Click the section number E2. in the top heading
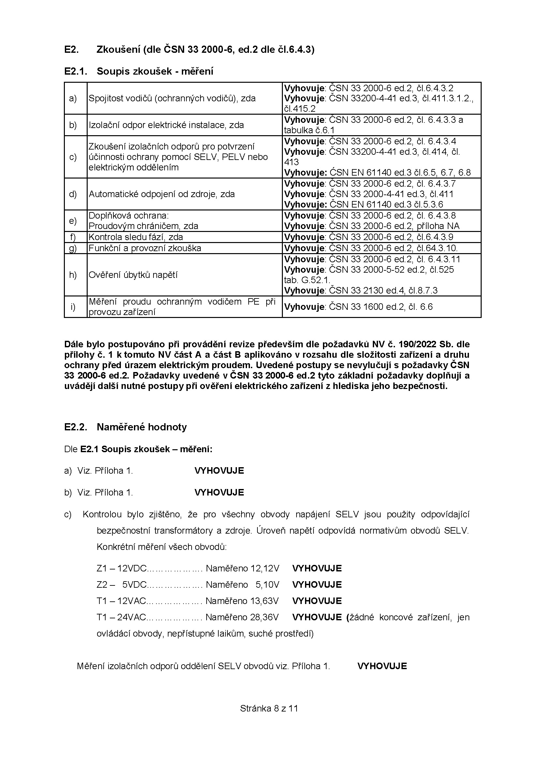click(71, 50)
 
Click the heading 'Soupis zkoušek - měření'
click(155, 71)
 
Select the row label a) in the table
click(73, 98)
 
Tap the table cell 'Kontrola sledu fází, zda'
click(136, 237)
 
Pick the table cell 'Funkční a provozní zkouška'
click(145, 248)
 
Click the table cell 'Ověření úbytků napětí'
click(133, 275)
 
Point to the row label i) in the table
click(73, 307)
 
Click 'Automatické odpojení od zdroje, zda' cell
click(162, 194)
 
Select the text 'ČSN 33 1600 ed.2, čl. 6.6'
click(380, 307)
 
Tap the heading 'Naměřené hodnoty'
click(142, 427)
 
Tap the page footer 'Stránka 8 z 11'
click(269, 709)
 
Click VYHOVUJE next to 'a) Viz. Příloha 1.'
click(219, 471)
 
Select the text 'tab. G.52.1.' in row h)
click(307, 280)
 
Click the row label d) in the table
click(73, 194)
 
